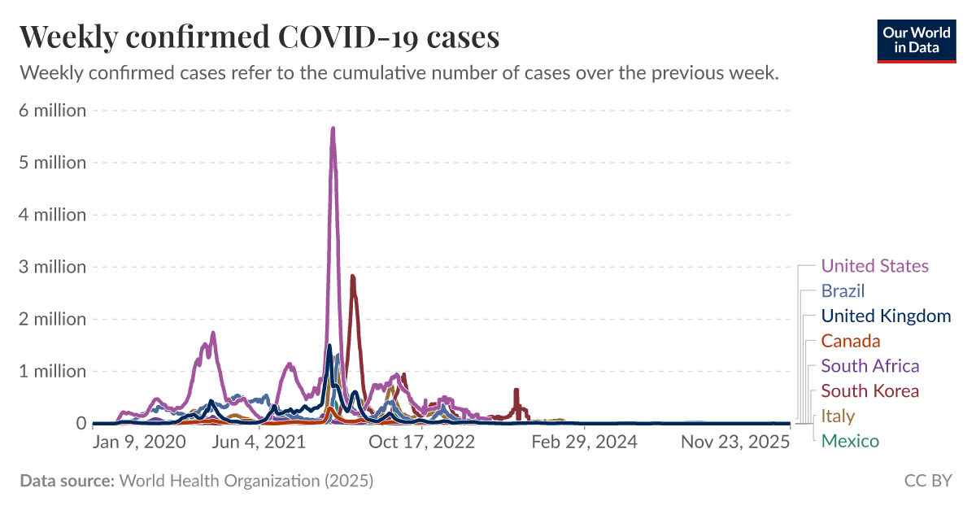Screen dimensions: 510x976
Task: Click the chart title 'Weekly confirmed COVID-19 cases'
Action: [259, 37]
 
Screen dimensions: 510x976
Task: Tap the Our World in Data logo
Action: [917, 41]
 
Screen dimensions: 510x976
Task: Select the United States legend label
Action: [874, 266]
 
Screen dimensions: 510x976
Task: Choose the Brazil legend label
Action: [843, 291]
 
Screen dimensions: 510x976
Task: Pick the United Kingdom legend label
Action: [886, 316]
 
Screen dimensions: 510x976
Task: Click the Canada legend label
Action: [851, 341]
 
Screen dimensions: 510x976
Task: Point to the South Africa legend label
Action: [870, 366]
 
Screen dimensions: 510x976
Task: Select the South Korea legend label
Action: [869, 391]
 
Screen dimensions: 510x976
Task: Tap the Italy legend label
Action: [838, 416]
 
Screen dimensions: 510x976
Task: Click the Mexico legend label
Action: [850, 441]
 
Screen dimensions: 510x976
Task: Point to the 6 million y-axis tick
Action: [52, 111]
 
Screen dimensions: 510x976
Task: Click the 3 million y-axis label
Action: [52, 267]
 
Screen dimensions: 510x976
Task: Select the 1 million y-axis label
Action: [52, 371]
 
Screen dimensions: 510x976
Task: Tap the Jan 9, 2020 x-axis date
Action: [139, 442]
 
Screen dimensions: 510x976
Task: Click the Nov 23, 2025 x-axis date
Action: [735, 442]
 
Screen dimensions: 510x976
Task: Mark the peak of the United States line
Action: [333, 129]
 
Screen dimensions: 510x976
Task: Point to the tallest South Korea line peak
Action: [352, 277]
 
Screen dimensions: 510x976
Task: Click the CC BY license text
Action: [927, 481]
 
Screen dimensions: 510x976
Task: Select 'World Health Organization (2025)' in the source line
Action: [246, 481]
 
